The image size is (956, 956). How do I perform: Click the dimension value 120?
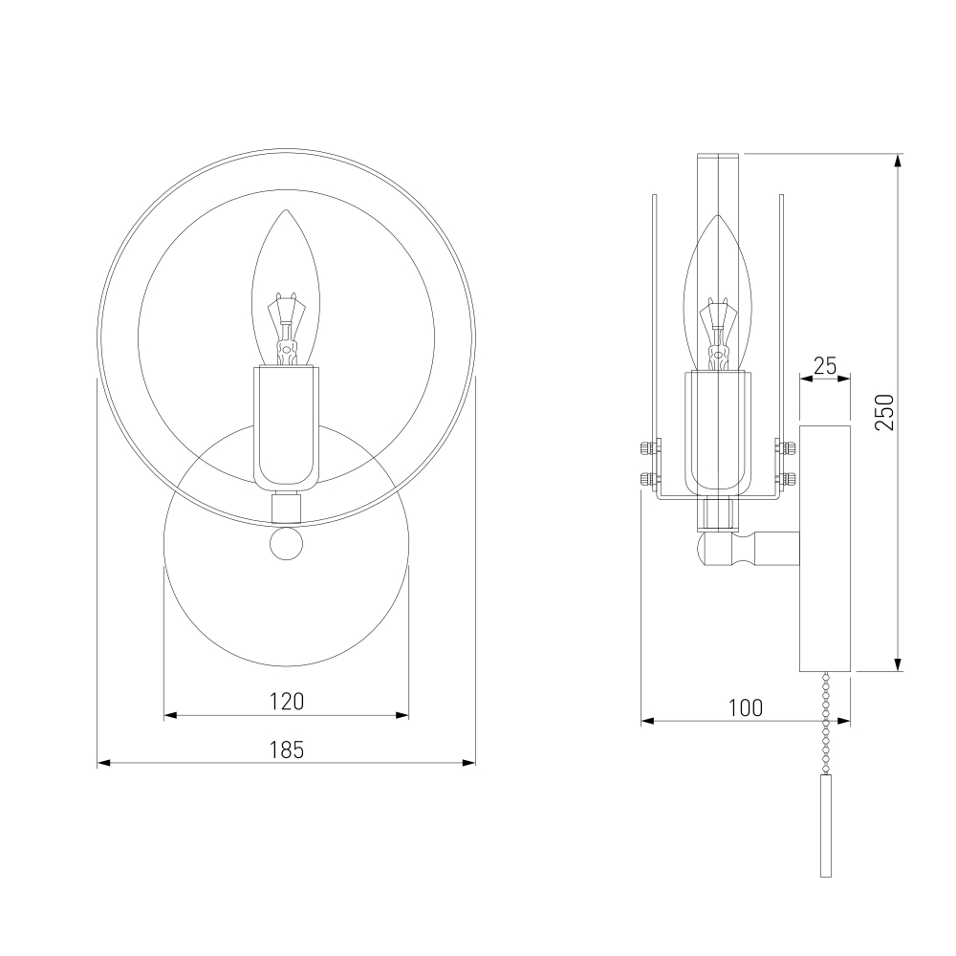287,701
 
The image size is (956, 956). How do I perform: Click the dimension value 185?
287,750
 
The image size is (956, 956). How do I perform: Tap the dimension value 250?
884,412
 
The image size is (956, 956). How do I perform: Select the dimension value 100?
746,707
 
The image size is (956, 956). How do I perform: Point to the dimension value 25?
825,365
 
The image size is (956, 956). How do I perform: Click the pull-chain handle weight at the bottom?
826,826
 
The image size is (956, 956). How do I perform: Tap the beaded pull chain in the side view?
826,723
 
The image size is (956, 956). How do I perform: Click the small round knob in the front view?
286,544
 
